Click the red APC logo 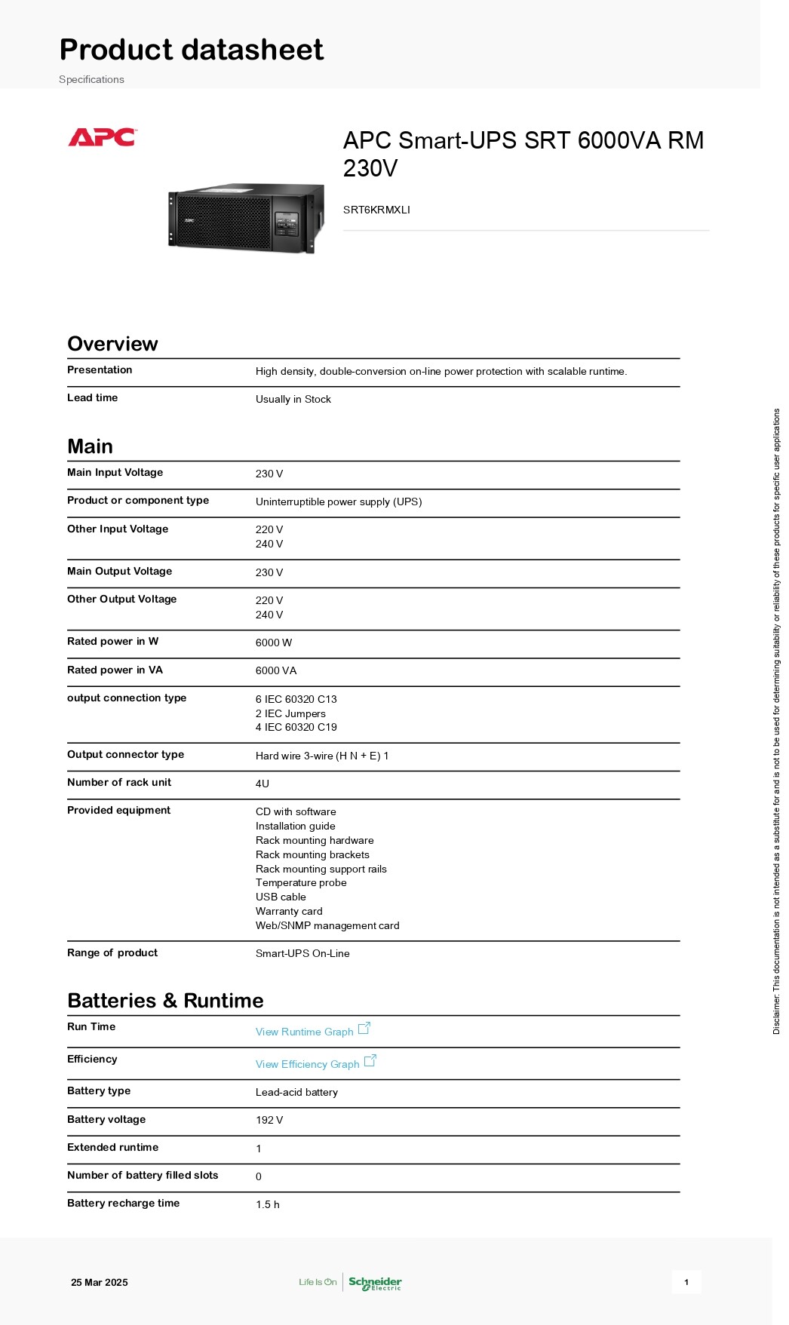coord(102,137)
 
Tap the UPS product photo coord(245,218)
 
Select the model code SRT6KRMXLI coord(376,210)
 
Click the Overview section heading coord(112,344)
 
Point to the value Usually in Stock coord(293,399)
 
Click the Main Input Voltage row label coord(115,472)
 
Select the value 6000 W coord(273,643)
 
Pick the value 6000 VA coord(276,670)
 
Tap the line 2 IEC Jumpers coord(290,713)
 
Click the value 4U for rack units coord(262,784)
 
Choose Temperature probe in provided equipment coord(301,882)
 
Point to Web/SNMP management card coord(327,925)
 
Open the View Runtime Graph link coord(305,1032)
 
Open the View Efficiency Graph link coord(308,1064)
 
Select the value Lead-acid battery coord(296,1092)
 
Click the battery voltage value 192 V coord(269,1120)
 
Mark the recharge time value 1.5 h coord(267,1204)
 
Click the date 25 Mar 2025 coord(100,1282)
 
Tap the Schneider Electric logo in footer coord(375,1282)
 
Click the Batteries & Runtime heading coord(165,1001)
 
